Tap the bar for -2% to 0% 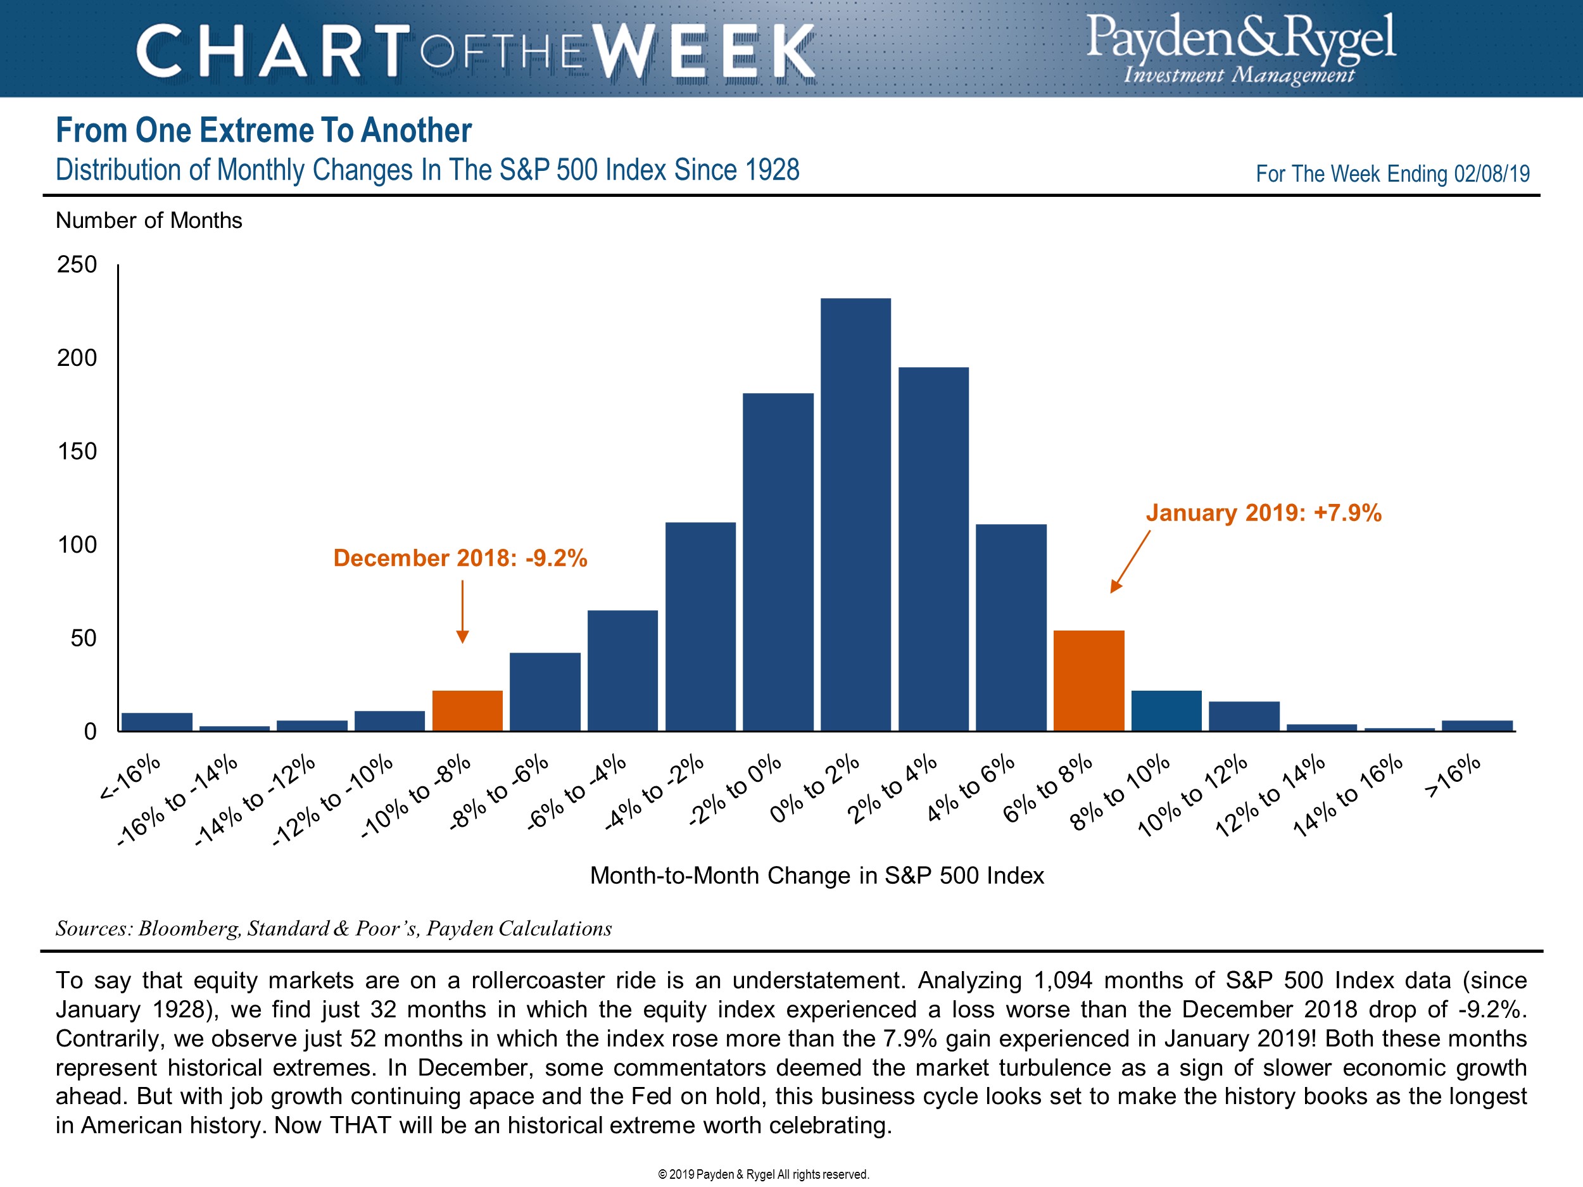point(778,562)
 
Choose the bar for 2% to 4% point(933,549)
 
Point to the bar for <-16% point(157,721)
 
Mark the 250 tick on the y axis point(77,265)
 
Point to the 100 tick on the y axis point(77,544)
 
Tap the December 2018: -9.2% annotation point(460,558)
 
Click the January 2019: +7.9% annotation point(1263,513)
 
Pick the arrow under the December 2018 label point(462,612)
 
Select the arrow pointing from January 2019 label point(1130,562)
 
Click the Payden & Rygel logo point(1240,49)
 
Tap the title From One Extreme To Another point(263,130)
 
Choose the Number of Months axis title point(149,220)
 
